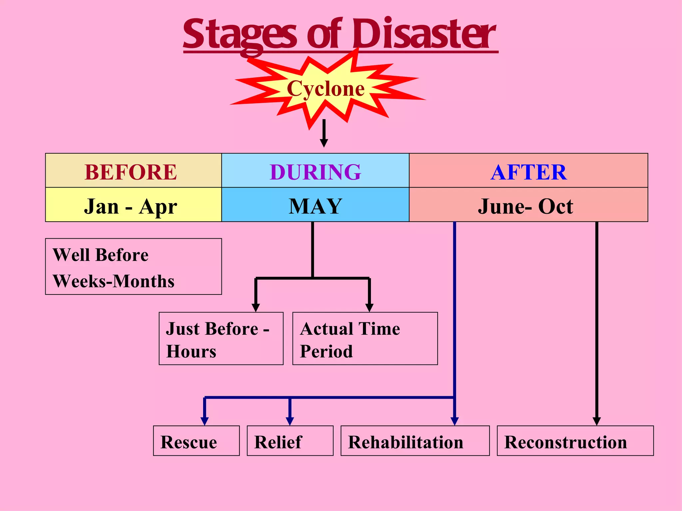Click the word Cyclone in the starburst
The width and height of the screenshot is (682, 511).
click(325, 88)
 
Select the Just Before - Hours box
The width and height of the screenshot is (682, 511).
click(221, 339)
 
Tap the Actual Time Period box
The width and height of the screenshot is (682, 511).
click(365, 339)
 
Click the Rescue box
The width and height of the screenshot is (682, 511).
click(196, 441)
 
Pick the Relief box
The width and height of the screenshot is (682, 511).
click(290, 441)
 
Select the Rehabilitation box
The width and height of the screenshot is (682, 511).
click(415, 441)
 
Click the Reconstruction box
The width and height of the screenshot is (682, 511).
click(575, 441)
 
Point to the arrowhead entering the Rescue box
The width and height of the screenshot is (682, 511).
click(204, 421)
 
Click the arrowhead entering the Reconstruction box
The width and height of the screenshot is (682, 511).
click(596, 421)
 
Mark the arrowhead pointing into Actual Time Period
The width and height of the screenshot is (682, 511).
click(369, 307)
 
